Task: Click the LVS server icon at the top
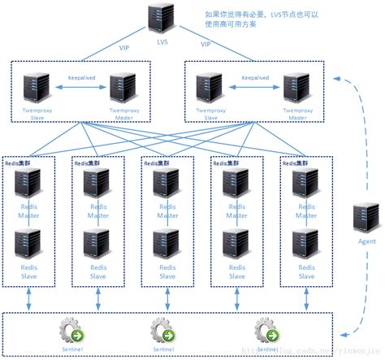[159, 20]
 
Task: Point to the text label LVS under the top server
[160, 42]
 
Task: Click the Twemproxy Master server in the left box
[122, 87]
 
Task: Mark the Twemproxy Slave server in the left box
[37, 87]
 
